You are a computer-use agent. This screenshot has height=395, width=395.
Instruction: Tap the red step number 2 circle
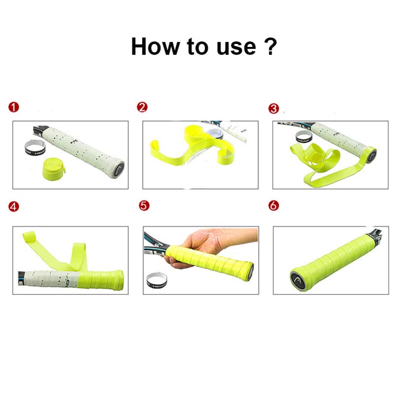[142, 108]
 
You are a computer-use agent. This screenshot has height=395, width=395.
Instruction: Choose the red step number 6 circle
[274, 206]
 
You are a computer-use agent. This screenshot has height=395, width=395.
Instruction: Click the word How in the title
[156, 46]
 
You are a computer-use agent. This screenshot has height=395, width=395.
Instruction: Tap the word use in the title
[231, 46]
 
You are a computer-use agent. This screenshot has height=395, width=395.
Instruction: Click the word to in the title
[198, 46]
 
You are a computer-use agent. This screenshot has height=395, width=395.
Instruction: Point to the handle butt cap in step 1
[118, 166]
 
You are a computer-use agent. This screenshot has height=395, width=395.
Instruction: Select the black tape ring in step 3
[302, 137]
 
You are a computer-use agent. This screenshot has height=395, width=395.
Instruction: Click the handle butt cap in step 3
[371, 154]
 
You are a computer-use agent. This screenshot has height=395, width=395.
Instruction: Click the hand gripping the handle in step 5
[202, 247]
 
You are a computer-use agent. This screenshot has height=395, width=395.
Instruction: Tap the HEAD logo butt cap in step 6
[298, 280]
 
